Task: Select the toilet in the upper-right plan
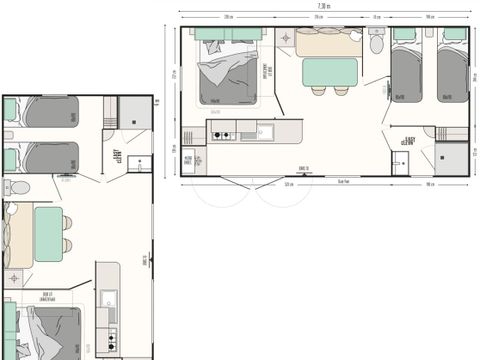point(376,42)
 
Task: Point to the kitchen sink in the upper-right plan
point(265,131)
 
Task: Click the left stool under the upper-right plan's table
point(318,91)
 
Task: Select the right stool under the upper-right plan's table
point(342,91)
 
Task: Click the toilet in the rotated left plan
point(19,189)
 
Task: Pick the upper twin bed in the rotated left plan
point(51,111)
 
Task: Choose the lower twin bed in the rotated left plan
point(51,156)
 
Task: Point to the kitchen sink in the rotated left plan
point(107,297)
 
